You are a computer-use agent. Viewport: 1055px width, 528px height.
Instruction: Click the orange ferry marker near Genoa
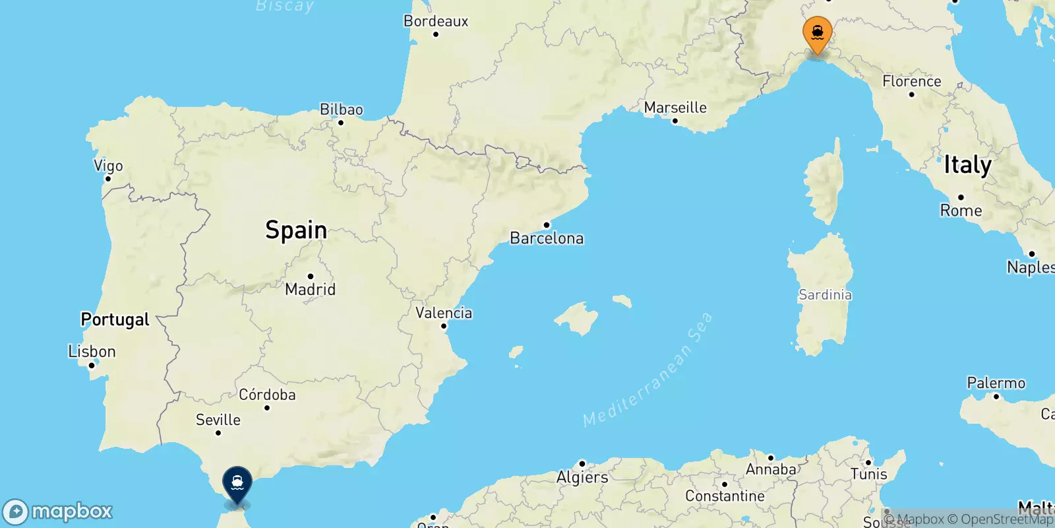click(817, 33)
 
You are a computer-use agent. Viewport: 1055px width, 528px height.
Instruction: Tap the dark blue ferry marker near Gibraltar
click(237, 484)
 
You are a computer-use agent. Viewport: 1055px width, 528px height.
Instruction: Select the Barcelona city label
click(547, 238)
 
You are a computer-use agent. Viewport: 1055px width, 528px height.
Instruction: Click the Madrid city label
click(310, 289)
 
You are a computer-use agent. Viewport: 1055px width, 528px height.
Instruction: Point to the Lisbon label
click(92, 352)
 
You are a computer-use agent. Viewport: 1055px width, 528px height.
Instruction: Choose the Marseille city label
click(675, 108)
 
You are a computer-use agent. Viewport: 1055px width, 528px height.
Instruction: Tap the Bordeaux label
click(436, 21)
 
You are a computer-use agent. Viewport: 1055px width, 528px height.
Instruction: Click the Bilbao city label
click(342, 110)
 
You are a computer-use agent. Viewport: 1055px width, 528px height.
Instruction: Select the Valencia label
click(444, 313)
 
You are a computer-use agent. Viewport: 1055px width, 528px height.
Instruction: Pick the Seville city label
click(218, 420)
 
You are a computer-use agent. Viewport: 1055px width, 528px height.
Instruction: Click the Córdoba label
click(267, 395)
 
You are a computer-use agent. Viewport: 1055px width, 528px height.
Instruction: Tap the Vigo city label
click(108, 166)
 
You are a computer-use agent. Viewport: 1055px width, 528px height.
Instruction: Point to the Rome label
click(961, 211)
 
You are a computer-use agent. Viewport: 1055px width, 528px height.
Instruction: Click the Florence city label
click(912, 81)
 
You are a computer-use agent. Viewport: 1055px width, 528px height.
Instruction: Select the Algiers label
click(582, 477)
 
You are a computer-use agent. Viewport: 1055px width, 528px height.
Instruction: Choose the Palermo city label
click(996, 383)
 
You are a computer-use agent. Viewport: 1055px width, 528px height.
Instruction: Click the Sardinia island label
click(825, 295)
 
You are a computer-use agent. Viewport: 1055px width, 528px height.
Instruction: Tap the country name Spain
click(296, 230)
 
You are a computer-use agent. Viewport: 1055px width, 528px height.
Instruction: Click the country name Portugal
click(115, 319)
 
